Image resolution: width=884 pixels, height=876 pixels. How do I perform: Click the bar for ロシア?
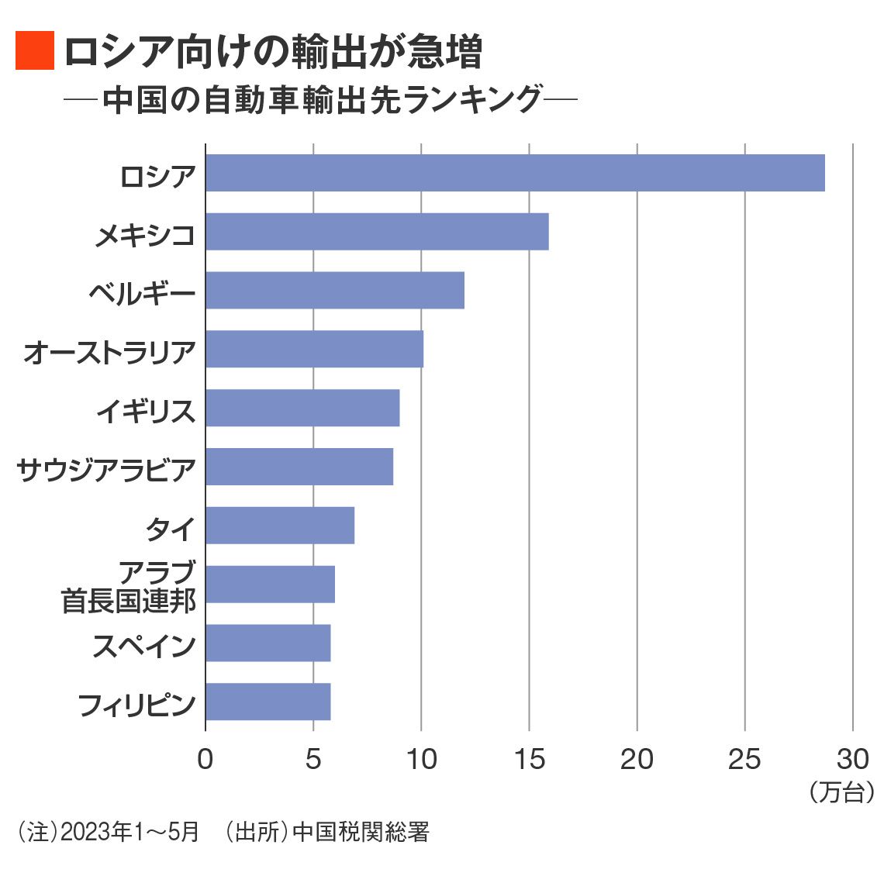point(515,173)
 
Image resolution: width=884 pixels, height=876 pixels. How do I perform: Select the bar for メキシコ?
point(377,232)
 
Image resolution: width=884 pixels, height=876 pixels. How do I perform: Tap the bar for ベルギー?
point(335,291)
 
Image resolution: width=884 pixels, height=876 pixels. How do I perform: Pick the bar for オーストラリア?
point(314,350)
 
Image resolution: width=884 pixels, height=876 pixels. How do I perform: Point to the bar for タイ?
point(280,526)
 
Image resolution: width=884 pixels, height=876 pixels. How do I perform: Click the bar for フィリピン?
point(268,702)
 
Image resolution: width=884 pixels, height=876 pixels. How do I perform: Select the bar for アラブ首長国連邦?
point(270,585)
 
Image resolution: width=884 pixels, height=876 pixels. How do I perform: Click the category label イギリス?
point(146,411)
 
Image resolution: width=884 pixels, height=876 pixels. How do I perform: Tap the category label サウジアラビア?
point(106,470)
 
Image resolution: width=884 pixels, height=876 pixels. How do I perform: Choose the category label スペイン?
point(144,646)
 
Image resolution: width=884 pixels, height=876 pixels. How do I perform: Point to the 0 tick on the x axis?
point(205,759)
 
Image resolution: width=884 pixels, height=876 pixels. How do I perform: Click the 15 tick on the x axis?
point(529,759)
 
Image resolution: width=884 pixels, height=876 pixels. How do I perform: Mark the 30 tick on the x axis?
point(852,759)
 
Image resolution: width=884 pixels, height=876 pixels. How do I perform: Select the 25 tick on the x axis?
point(744,759)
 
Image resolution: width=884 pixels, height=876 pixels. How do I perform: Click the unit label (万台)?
point(841,792)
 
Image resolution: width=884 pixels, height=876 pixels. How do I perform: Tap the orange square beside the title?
point(35,51)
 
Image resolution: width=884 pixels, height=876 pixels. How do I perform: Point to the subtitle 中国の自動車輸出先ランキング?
point(322,99)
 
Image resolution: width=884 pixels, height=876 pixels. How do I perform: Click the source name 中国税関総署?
point(361,833)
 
